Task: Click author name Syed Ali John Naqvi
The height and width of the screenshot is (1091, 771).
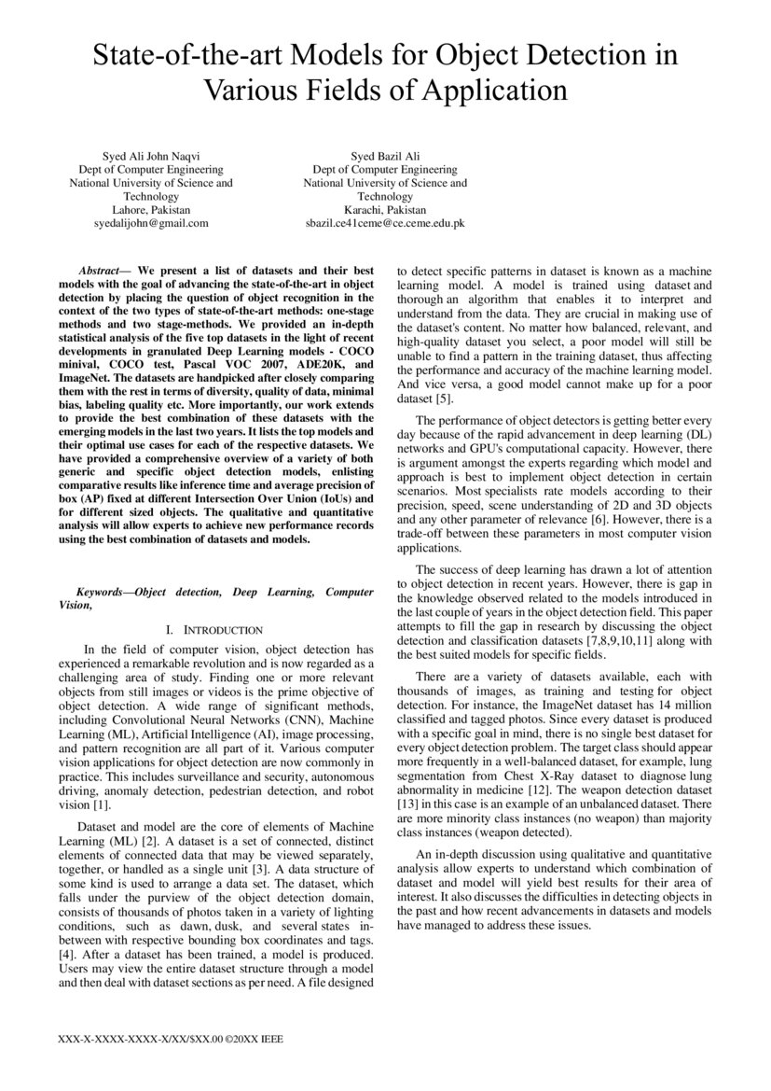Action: [150, 156]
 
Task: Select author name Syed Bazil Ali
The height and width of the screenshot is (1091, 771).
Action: [384, 156]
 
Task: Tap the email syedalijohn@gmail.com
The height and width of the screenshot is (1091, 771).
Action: [151, 224]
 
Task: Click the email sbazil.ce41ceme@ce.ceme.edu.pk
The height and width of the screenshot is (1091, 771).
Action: [384, 224]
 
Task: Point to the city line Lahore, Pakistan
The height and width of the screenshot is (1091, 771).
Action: [151, 210]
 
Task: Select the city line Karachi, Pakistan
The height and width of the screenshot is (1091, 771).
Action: [384, 210]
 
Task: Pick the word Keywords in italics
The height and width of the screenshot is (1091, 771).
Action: [103, 592]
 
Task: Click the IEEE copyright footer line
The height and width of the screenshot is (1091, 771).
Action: [170, 1039]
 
